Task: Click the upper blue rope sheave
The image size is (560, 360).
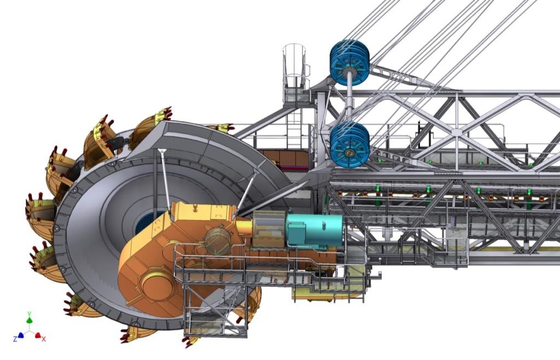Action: click(x=349, y=63)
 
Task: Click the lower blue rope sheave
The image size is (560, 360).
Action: click(x=349, y=144)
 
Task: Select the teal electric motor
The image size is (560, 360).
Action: click(x=314, y=231)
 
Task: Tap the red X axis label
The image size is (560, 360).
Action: click(x=44, y=339)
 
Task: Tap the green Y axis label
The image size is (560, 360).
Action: click(x=30, y=314)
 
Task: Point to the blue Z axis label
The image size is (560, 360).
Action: click(x=15, y=338)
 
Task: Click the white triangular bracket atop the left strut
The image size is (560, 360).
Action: click(x=162, y=151)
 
